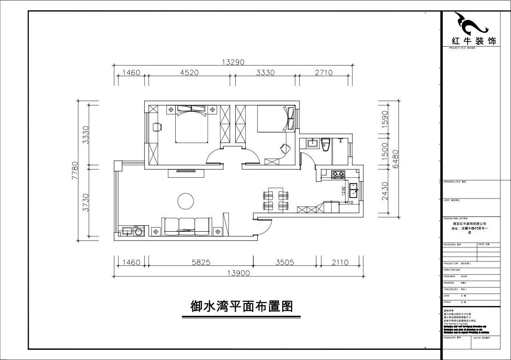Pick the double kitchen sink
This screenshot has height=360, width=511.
[354, 189]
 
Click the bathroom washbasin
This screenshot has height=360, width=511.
[312, 143]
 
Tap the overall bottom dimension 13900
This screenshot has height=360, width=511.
[238, 273]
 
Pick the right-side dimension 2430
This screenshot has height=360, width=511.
[385, 190]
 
